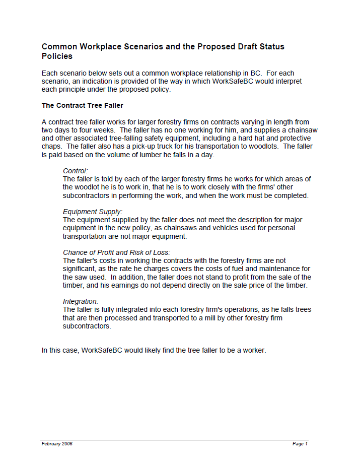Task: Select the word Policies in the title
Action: coord(57,56)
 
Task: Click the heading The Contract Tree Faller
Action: coord(82,105)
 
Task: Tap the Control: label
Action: coord(75,171)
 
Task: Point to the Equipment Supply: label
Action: coord(93,212)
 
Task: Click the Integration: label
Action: coord(81,301)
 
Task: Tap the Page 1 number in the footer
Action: coord(300,444)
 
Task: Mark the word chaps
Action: coord(51,146)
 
